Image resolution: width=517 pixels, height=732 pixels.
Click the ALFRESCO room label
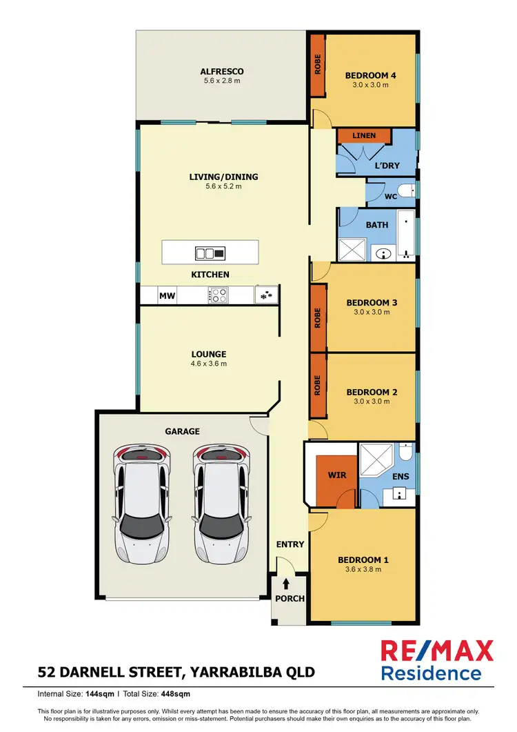coord(222,71)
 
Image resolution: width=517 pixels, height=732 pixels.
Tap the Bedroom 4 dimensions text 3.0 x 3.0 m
coord(371,86)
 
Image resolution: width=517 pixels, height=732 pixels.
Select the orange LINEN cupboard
coord(364,136)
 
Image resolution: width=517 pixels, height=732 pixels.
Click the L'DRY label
coord(387,166)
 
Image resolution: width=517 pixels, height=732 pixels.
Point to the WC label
coord(390,197)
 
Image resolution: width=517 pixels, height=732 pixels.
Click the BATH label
coord(377,225)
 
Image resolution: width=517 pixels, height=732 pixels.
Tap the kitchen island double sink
coord(210,254)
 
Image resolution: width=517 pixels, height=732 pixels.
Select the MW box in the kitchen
coord(167,296)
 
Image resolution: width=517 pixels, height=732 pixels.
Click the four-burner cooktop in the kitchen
coord(219,296)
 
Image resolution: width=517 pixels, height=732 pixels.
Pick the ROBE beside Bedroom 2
coord(318,386)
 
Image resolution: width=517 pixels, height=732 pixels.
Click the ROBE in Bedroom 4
coord(318,65)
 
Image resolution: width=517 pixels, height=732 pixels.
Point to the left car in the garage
coord(142,504)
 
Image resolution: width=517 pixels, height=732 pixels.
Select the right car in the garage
coord(221,504)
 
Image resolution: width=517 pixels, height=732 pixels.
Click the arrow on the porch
coord(286,584)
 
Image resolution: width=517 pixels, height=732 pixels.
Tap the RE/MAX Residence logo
coord(437,660)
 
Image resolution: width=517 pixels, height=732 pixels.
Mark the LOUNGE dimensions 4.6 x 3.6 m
coord(210,364)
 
